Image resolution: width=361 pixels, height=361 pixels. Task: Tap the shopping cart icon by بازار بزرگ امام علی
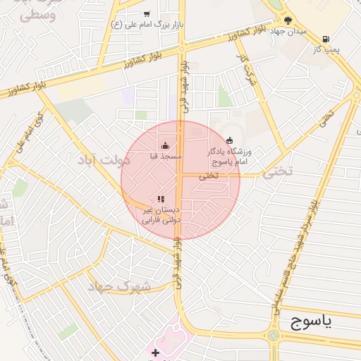coord(147,13)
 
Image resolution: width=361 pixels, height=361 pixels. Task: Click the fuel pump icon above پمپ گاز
coord(325,39)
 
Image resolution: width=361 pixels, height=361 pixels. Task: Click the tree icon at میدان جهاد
coord(288,20)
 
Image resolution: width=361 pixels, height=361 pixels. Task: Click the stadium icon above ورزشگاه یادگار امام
coord(229,141)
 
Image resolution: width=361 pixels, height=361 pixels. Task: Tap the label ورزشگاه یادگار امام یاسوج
coord(232,157)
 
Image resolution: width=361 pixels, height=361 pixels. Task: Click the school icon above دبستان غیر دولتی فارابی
coord(161,200)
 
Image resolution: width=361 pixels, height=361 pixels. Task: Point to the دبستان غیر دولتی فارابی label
coord(161,215)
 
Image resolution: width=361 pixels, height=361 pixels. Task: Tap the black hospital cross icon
coord(155,353)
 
